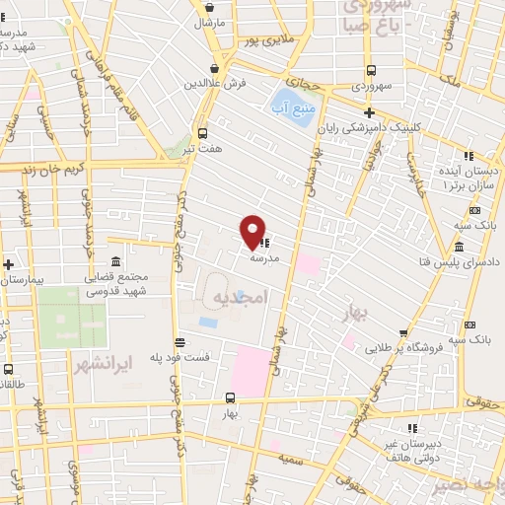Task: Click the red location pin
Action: [252, 232]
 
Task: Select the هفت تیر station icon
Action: [203, 132]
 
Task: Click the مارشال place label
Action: [210, 21]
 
